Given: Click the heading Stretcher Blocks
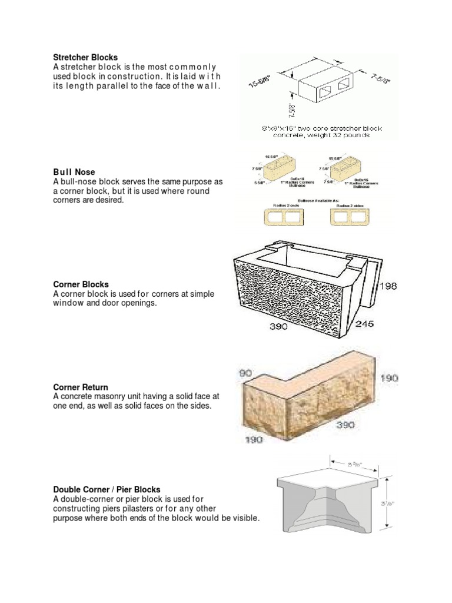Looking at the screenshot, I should [x=85, y=58].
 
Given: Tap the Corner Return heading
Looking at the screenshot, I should [x=81, y=387].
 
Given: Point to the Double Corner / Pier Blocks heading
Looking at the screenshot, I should [x=107, y=489].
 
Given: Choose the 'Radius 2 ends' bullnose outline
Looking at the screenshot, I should [x=281, y=217].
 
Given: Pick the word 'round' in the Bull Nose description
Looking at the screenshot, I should [x=197, y=191].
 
